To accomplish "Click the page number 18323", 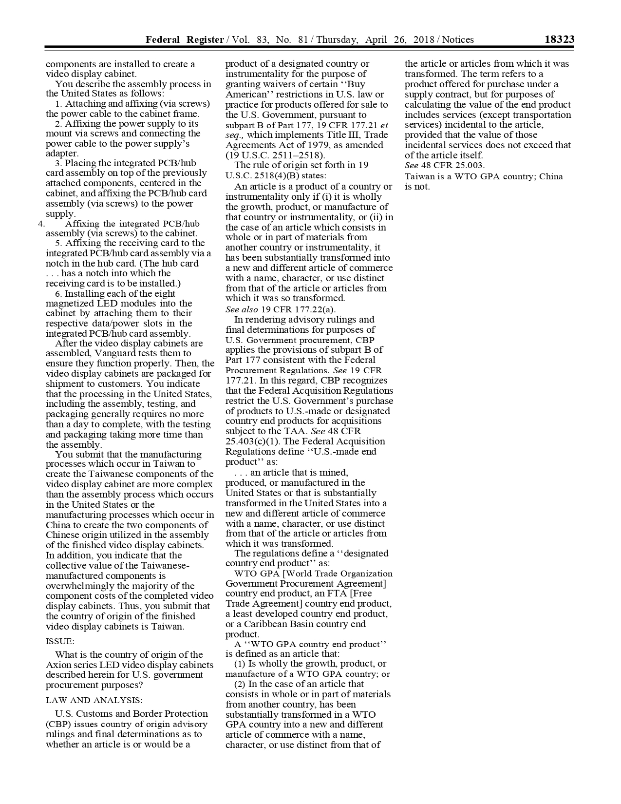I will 559,39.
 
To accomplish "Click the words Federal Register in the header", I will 185,40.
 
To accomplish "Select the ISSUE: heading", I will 60,641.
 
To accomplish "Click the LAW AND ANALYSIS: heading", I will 94,700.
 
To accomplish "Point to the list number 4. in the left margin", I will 41,224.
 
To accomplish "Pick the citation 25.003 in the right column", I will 460,165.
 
